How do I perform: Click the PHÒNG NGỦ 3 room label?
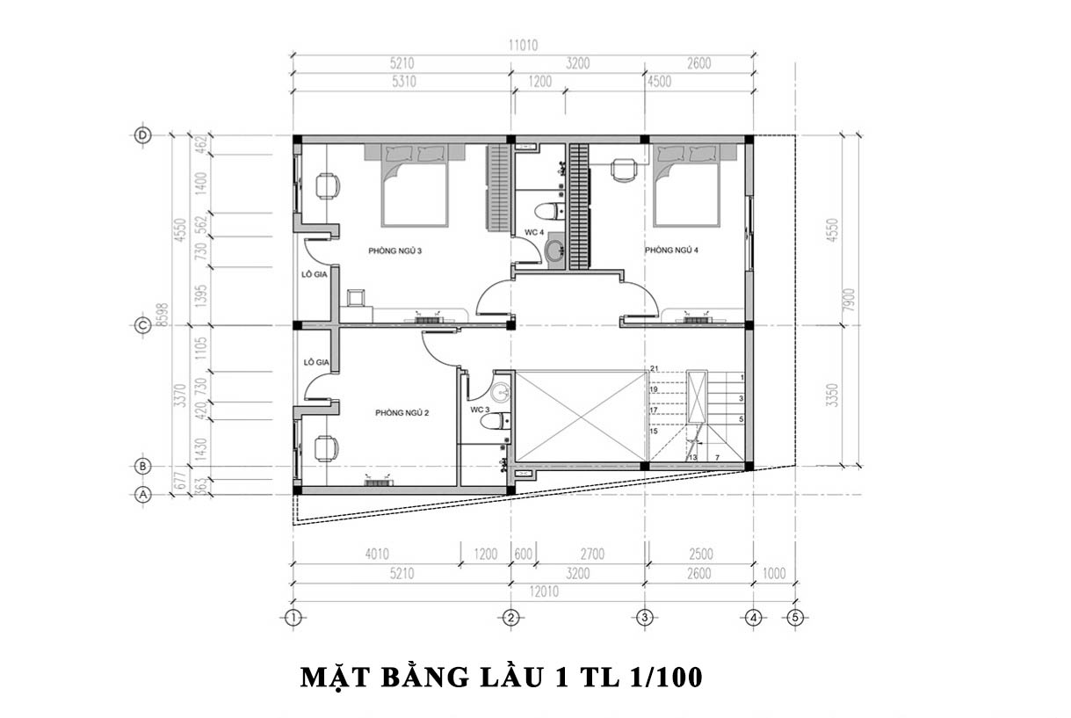(x=395, y=250)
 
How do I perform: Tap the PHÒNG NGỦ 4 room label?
(x=671, y=250)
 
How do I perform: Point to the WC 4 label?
(x=535, y=233)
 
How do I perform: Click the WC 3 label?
(x=479, y=410)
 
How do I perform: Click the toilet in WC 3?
(x=493, y=422)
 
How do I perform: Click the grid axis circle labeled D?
(x=142, y=135)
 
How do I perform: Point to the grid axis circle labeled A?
(x=142, y=495)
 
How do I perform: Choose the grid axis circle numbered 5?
(x=795, y=618)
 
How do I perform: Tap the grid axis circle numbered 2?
(x=510, y=618)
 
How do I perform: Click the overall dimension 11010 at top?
(x=523, y=46)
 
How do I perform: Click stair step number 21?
(x=654, y=368)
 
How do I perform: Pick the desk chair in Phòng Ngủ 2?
(x=325, y=448)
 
